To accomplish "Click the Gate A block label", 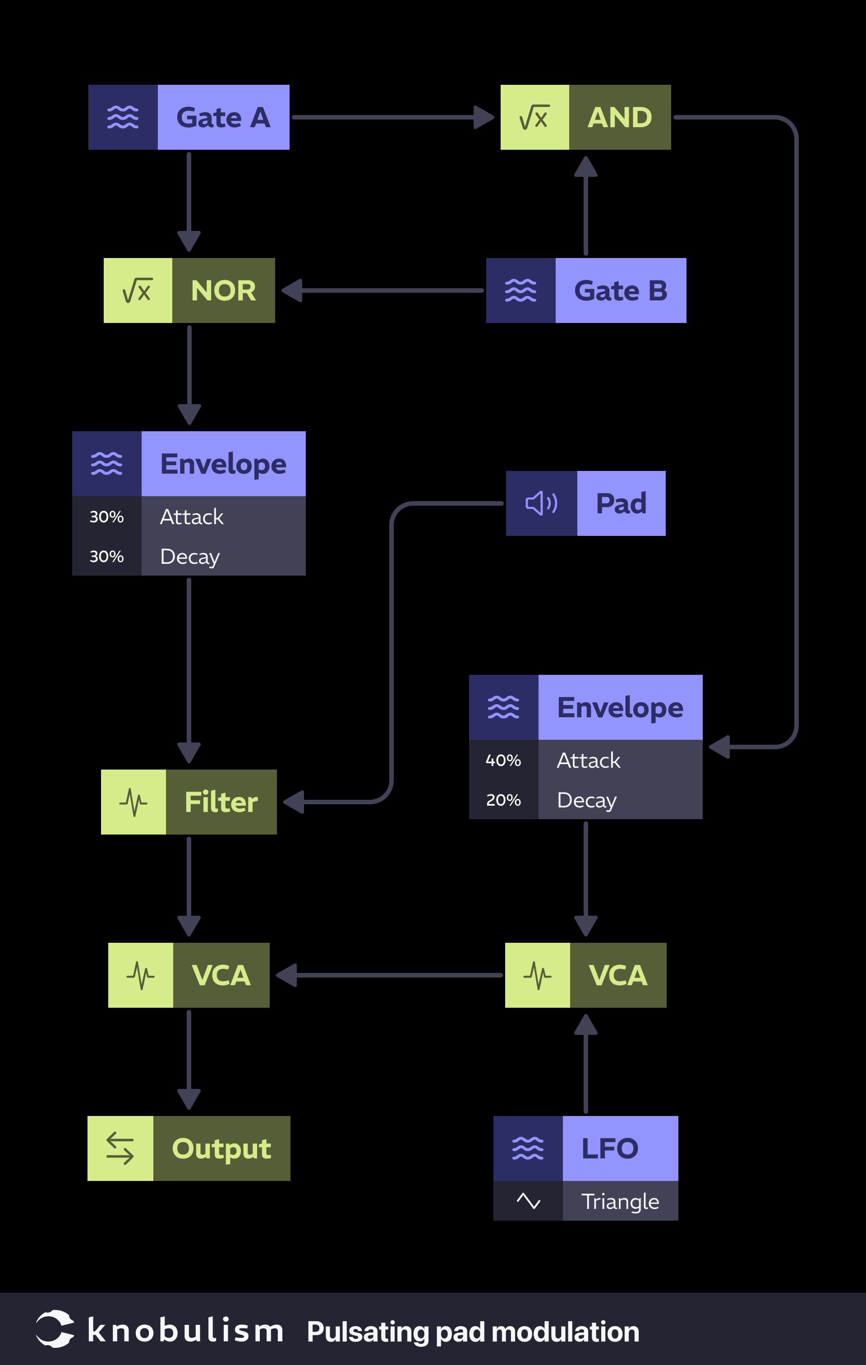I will (x=223, y=117).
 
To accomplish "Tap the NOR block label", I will (x=223, y=291).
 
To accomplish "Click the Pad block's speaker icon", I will (x=541, y=503).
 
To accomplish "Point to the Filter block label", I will (x=221, y=802).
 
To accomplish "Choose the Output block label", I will (x=221, y=1148).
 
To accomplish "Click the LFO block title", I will (x=610, y=1148).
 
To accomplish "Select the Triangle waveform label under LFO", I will (x=620, y=1201).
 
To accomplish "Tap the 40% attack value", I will (x=503, y=760).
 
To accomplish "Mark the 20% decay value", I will (x=503, y=800).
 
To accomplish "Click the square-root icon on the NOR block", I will (x=138, y=291).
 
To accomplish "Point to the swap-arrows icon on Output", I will (x=120, y=1148).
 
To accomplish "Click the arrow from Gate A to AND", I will (x=391, y=117).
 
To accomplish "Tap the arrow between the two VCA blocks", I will (x=391, y=975).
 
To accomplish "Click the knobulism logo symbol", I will (x=55, y=1329).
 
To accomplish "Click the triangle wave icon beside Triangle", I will (x=528, y=1201).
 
